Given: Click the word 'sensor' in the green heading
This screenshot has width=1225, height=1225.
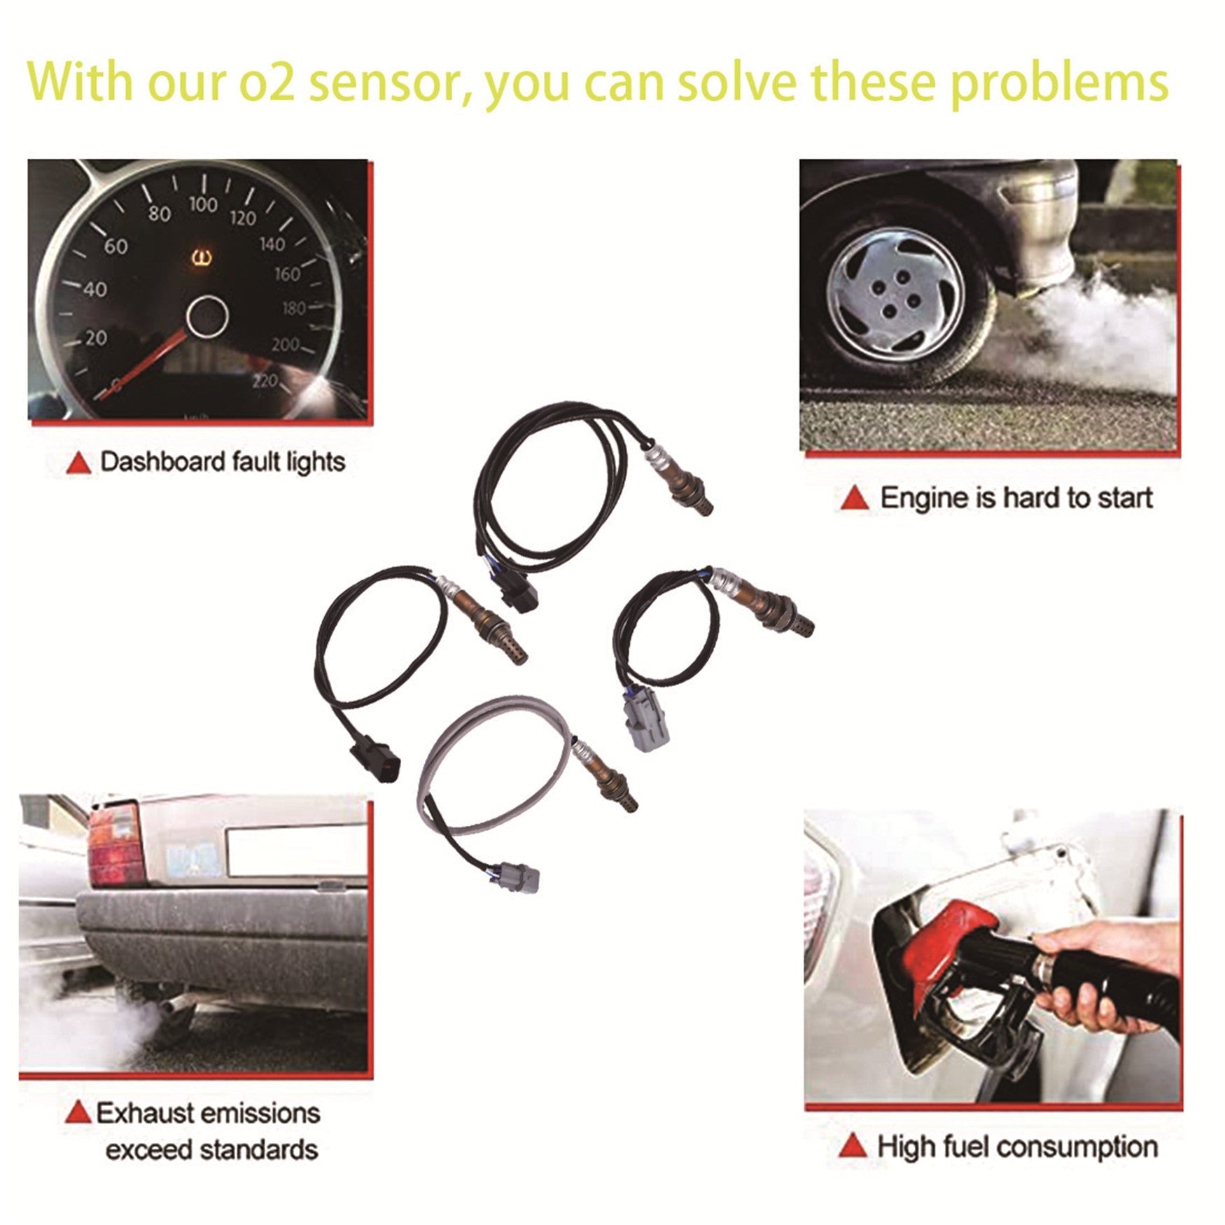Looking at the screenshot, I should click(x=384, y=83).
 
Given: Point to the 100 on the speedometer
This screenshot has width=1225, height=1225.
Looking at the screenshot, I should click(x=202, y=205).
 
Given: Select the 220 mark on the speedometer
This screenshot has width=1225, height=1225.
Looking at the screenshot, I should click(x=265, y=381).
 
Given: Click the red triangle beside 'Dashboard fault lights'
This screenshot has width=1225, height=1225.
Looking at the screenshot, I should click(x=78, y=463).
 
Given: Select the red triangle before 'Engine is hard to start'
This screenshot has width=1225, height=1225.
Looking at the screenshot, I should click(x=855, y=498).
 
